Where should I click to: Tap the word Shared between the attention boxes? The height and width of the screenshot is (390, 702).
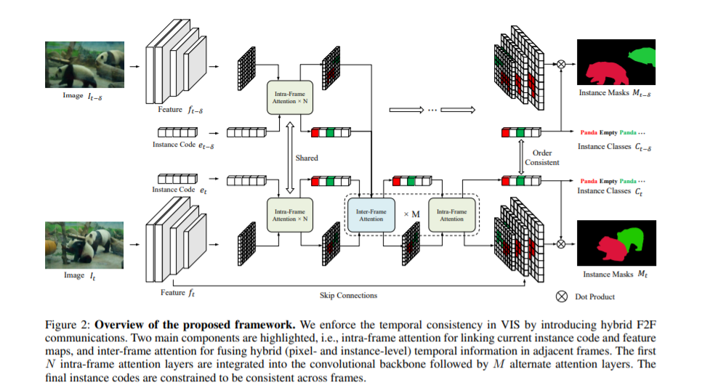coord(307,157)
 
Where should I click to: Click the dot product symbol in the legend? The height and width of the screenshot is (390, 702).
coord(561,296)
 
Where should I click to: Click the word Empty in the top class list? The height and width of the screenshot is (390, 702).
coord(608,133)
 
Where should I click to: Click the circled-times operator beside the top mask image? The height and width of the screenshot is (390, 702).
coord(561,64)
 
